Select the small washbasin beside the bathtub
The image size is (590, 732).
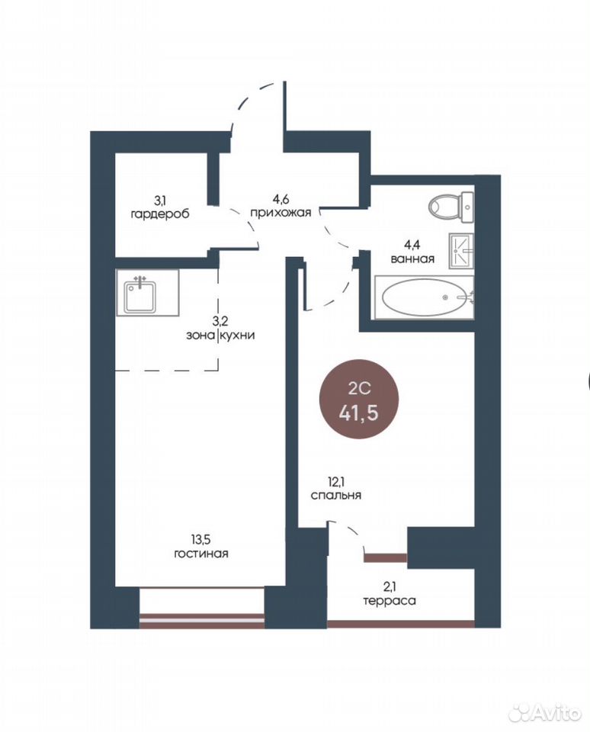pos(461,251)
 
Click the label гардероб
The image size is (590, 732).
pos(160,215)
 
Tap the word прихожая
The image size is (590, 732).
pos(281,213)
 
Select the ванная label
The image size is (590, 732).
pos(412,258)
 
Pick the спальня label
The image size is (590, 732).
pos(336,496)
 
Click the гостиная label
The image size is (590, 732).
pos(201,554)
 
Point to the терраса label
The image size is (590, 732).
pos(390,601)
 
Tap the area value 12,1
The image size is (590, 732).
pos(336,481)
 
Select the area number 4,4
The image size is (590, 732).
pos(412,244)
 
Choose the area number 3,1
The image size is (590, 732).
pos(160,201)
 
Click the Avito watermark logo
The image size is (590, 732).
pos(545,711)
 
